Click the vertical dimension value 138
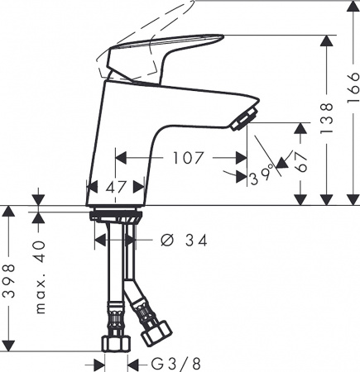tap(329, 119)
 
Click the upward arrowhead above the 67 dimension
tap(298, 128)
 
